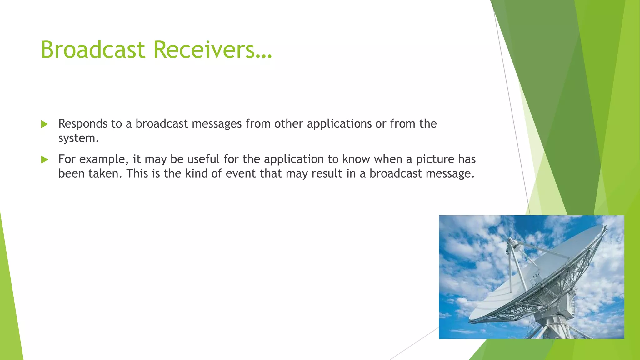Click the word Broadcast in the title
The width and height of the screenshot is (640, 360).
coord(93,50)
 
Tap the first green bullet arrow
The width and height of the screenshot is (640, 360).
coord(44,124)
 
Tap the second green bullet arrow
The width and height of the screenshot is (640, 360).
coord(44,160)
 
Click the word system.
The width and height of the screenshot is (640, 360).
coord(78,138)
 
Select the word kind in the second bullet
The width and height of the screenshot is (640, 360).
coord(196,174)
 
